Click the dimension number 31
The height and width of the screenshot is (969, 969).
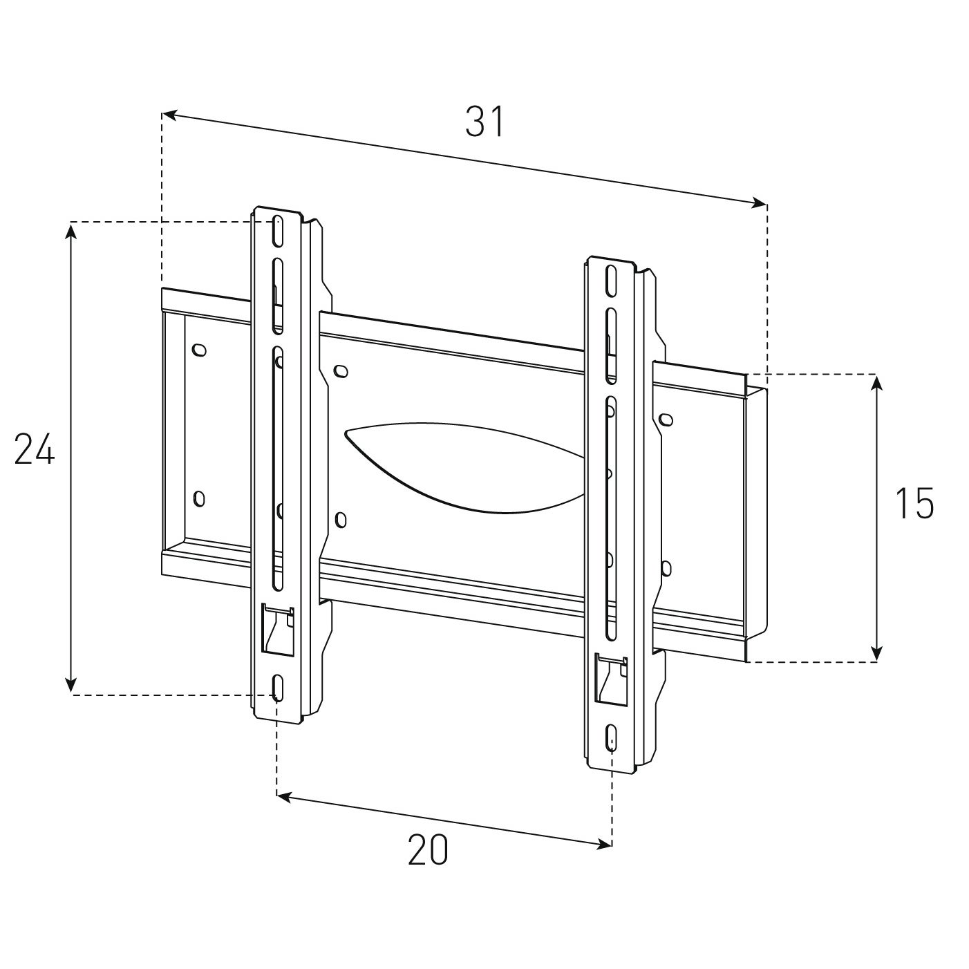coord(485,122)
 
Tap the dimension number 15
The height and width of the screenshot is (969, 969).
coord(914,503)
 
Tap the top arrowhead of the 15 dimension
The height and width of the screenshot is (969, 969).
coord(877,383)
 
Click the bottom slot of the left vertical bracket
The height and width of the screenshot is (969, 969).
coord(277,688)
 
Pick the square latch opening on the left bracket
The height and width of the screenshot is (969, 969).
coord(277,629)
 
